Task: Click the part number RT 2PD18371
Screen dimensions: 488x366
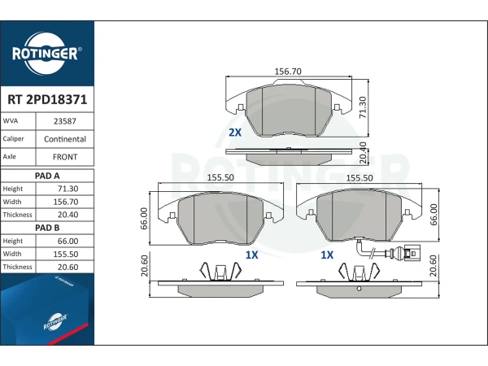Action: pos(47,99)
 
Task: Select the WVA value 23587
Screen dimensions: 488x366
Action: pos(65,121)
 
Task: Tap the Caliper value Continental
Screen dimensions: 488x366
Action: pos(65,139)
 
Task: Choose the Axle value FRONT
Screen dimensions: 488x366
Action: pos(65,157)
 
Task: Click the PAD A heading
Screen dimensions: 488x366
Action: pos(47,176)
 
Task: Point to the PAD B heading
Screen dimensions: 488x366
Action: pos(47,228)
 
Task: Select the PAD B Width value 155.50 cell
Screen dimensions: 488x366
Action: pos(66,254)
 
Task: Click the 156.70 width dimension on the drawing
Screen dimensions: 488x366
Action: pos(288,72)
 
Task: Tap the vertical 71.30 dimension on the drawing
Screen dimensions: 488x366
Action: pos(363,107)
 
